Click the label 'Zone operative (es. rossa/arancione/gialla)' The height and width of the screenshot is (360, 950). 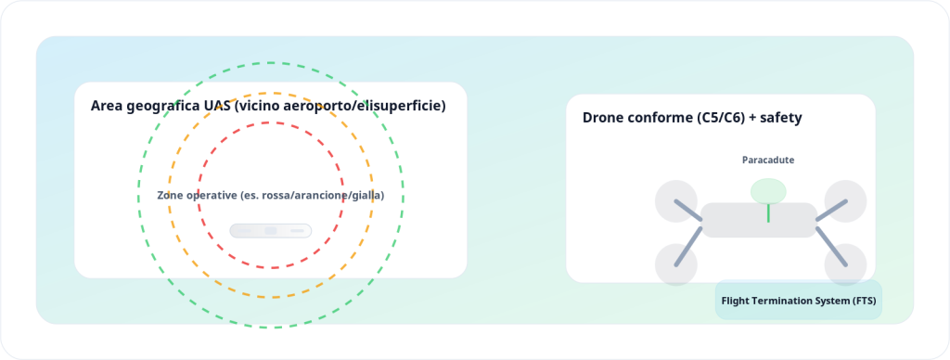(x=271, y=196)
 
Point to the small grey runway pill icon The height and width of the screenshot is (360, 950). (x=270, y=231)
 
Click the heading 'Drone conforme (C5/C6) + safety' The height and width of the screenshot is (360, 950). (x=692, y=118)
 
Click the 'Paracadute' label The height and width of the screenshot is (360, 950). (x=768, y=160)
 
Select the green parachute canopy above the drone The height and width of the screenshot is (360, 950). (x=768, y=191)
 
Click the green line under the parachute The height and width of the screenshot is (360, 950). (x=768, y=212)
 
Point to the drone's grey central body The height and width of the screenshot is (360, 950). (x=759, y=220)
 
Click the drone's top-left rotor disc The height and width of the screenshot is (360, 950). (x=676, y=201)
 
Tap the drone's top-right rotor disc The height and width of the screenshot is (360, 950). (x=846, y=201)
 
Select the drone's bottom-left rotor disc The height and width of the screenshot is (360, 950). (x=676, y=264)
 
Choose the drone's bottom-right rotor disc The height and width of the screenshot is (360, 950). (x=846, y=264)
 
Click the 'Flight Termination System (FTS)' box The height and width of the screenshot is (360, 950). (x=799, y=300)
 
